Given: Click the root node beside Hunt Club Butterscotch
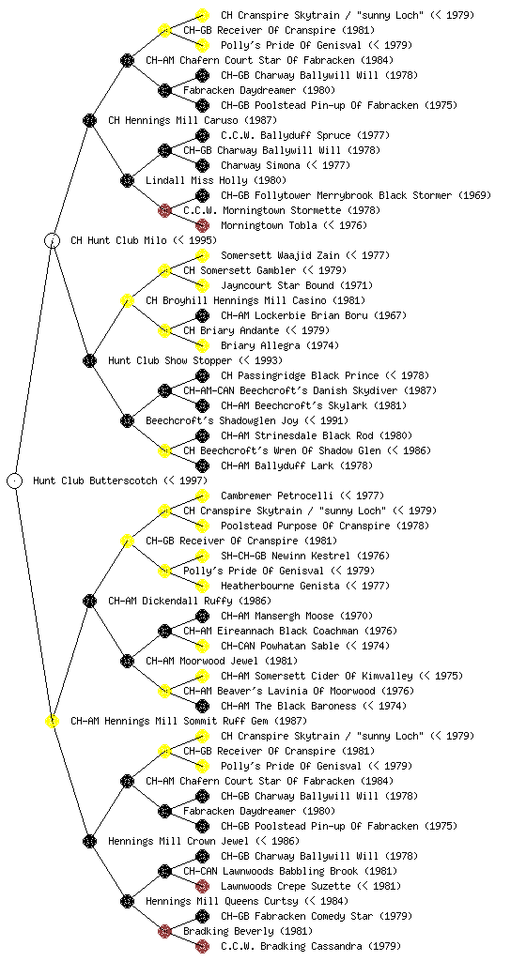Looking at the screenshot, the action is click(15, 480).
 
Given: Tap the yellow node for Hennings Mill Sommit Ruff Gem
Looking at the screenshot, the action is click(53, 721).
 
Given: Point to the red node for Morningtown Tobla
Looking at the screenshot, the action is click(202, 225).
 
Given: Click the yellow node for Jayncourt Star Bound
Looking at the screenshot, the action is click(202, 285).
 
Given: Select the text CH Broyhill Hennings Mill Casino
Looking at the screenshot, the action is click(236, 300).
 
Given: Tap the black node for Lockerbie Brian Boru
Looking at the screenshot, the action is click(202, 315).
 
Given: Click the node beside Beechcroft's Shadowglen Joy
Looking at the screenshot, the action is click(127, 420).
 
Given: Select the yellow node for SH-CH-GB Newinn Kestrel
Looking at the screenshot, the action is click(202, 556).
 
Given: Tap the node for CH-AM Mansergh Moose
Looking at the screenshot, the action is click(202, 616).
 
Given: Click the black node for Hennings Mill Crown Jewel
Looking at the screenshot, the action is click(89, 841).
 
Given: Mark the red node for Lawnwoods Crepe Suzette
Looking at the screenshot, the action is click(202, 886).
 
